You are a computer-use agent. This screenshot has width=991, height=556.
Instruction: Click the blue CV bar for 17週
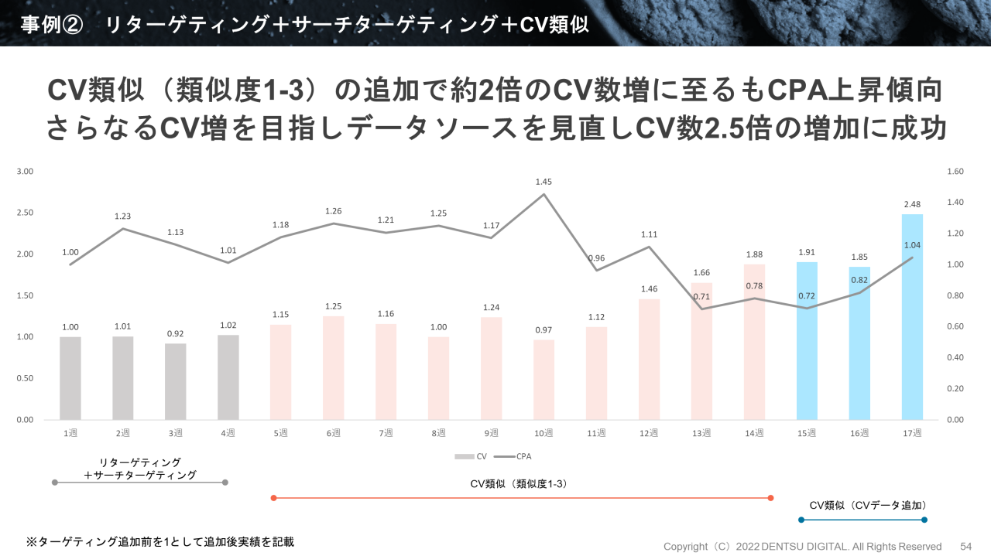point(912,317)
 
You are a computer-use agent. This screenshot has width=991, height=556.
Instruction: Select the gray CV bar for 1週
point(70,378)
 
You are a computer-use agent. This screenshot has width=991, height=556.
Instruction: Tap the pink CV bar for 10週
point(544,380)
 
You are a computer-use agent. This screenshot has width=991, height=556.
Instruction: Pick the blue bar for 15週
point(807,341)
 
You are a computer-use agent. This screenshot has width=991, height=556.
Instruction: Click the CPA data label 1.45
point(544,182)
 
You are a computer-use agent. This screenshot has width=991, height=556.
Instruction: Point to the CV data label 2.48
point(912,204)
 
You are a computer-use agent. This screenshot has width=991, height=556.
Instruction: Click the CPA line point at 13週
point(701,309)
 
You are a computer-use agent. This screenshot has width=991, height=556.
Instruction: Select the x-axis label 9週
point(491,434)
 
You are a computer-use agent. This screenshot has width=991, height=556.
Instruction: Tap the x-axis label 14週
point(754,434)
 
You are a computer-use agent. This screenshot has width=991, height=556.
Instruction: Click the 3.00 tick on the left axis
point(26,172)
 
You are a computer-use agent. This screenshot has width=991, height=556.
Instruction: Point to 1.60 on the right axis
point(955,172)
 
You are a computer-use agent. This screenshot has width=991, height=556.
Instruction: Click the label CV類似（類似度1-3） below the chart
point(519,484)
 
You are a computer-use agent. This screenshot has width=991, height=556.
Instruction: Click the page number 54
point(965,546)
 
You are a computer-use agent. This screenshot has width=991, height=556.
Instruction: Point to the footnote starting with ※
point(160,542)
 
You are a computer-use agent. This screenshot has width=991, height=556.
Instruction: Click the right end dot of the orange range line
point(770,498)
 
